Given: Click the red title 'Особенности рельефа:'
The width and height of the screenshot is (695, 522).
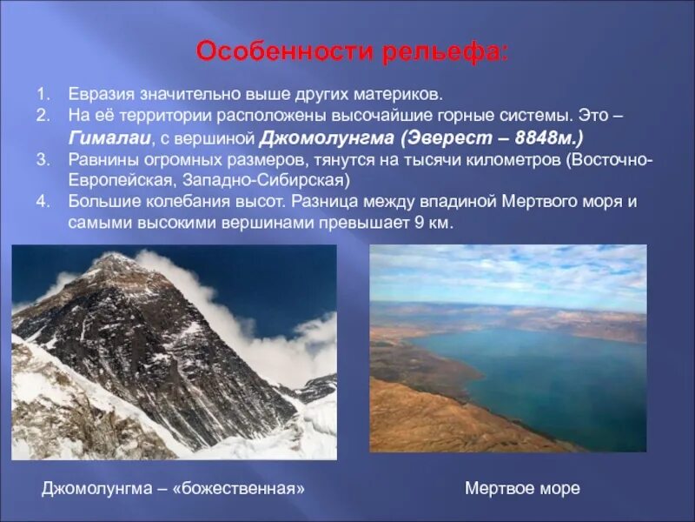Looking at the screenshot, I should pos(352,51).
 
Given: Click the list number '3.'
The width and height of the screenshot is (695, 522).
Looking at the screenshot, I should pos(42,160).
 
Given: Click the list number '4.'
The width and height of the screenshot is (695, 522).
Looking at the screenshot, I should pos(42,202).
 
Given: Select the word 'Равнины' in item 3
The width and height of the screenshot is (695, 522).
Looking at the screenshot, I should pos(99,160).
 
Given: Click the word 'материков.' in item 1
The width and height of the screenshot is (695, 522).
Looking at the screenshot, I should pos(405,93).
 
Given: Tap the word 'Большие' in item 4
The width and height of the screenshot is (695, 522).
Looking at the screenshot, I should pos(99,202).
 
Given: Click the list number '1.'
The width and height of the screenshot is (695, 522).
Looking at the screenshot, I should pos(42,93).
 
